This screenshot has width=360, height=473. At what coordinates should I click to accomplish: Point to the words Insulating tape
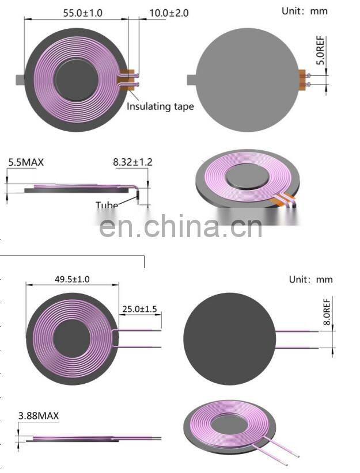click(160, 106)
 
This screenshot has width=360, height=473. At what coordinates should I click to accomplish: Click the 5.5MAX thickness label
click(25, 162)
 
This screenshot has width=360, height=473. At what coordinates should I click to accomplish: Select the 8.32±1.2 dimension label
click(132, 162)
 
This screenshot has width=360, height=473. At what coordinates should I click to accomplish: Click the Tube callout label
click(107, 205)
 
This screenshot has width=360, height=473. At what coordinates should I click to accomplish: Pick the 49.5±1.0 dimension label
click(72, 280)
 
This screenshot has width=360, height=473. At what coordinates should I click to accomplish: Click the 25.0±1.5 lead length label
click(139, 309)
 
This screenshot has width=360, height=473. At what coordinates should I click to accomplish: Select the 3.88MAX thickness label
click(39, 415)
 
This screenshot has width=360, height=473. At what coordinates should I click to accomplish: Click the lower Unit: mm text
click(311, 280)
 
